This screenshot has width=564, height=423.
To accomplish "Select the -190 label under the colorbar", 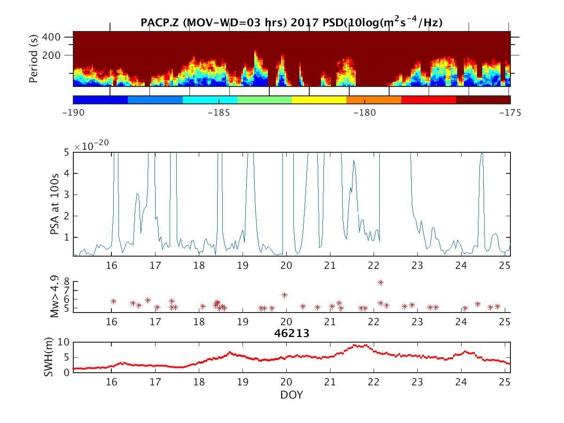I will (x=74, y=113).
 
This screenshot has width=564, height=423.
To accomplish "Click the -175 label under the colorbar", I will (x=509, y=113).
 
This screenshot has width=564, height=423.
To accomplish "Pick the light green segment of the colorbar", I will (x=265, y=100).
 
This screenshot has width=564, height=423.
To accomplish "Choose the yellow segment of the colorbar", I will (x=319, y=100).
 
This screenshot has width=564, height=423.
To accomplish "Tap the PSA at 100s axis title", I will (x=55, y=204).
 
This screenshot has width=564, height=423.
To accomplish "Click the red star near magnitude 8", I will (x=380, y=282).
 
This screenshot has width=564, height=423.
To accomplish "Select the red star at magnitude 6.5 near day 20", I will (x=284, y=295).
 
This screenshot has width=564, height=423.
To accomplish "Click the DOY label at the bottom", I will (x=291, y=395).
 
